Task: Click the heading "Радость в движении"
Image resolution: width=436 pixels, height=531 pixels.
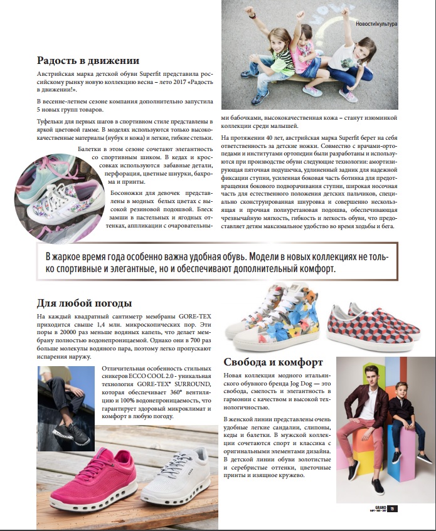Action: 88,61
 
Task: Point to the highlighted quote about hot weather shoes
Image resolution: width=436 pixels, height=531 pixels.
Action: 217,263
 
